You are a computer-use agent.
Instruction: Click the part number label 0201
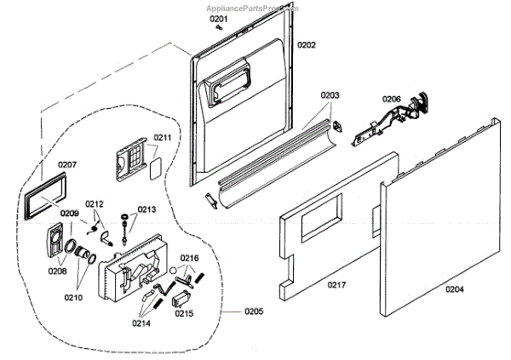click(x=220, y=18)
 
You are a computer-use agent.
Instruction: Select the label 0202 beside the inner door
click(x=307, y=44)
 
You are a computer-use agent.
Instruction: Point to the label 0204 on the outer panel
click(x=455, y=289)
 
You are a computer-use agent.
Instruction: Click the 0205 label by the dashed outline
click(x=254, y=311)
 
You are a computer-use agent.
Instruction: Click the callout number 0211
click(x=162, y=136)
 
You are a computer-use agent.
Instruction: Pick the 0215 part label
click(x=183, y=313)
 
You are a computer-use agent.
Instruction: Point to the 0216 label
click(x=189, y=258)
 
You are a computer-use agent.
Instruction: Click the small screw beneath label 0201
click(x=219, y=27)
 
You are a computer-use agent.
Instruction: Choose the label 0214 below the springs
click(x=141, y=323)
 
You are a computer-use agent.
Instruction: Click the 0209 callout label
click(x=70, y=213)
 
